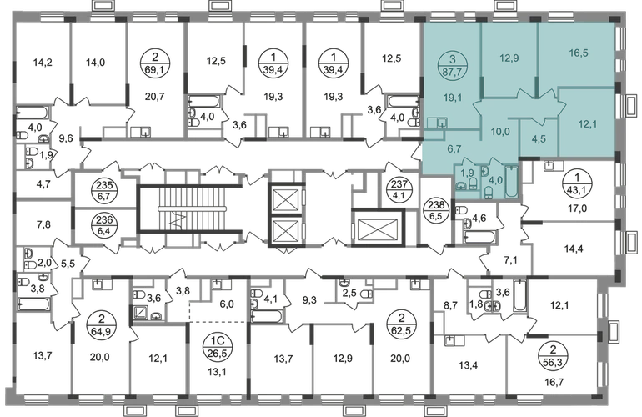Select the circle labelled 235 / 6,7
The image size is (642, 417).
(x=105, y=190)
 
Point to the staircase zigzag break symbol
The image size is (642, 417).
(x=178, y=222)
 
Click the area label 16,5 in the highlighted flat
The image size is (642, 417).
(x=579, y=53)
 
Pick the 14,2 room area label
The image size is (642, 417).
(x=43, y=63)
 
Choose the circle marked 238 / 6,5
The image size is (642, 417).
(x=435, y=208)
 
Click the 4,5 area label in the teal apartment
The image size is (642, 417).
(x=539, y=139)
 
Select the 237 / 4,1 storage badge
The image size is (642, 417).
(x=395, y=188)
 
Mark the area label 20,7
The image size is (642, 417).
(x=155, y=97)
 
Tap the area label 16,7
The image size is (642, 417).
(x=554, y=383)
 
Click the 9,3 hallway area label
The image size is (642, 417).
(x=309, y=301)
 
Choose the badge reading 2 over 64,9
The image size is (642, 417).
(x=101, y=324)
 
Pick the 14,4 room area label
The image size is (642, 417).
(x=574, y=249)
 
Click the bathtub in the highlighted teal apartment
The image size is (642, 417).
(x=511, y=181)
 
